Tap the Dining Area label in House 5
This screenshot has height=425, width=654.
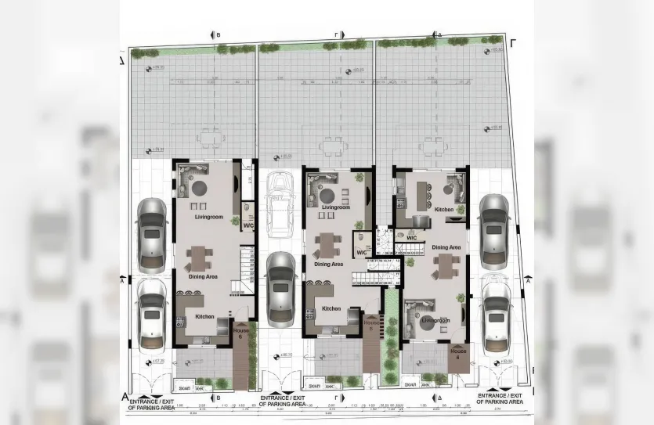click(x=329, y=265)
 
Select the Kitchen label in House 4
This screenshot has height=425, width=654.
click(x=444, y=210)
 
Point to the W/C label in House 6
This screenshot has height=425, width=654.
click(x=248, y=225)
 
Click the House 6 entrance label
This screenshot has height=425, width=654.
click(x=242, y=333)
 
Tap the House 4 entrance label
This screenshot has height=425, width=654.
click(x=458, y=354)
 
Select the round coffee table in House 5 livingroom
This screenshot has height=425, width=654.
click(x=331, y=196)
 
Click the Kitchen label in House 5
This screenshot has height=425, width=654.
click(x=331, y=309)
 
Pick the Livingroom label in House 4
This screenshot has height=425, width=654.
click(x=435, y=321)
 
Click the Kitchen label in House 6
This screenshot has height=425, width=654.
click(x=204, y=317)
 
